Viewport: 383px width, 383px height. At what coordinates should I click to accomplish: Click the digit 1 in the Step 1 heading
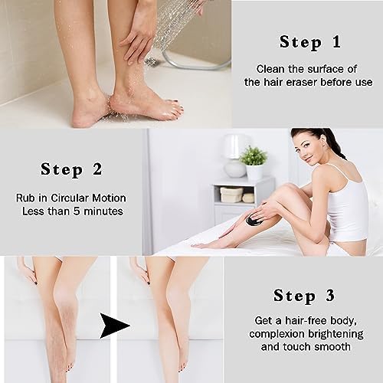pyautogui.click(x=337, y=41)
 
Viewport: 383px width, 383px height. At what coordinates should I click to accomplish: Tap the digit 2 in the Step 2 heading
pyautogui.click(x=97, y=169)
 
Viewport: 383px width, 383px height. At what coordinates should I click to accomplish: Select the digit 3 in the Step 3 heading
pyautogui.click(x=330, y=296)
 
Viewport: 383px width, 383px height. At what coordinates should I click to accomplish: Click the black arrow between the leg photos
pyautogui.click(x=113, y=326)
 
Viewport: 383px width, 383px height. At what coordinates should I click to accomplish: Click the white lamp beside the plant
pyautogui.click(x=234, y=155)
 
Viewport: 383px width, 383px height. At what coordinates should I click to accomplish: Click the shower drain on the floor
pyautogui.click(x=151, y=62)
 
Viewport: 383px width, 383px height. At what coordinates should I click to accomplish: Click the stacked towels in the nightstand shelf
pyautogui.click(x=237, y=195)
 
